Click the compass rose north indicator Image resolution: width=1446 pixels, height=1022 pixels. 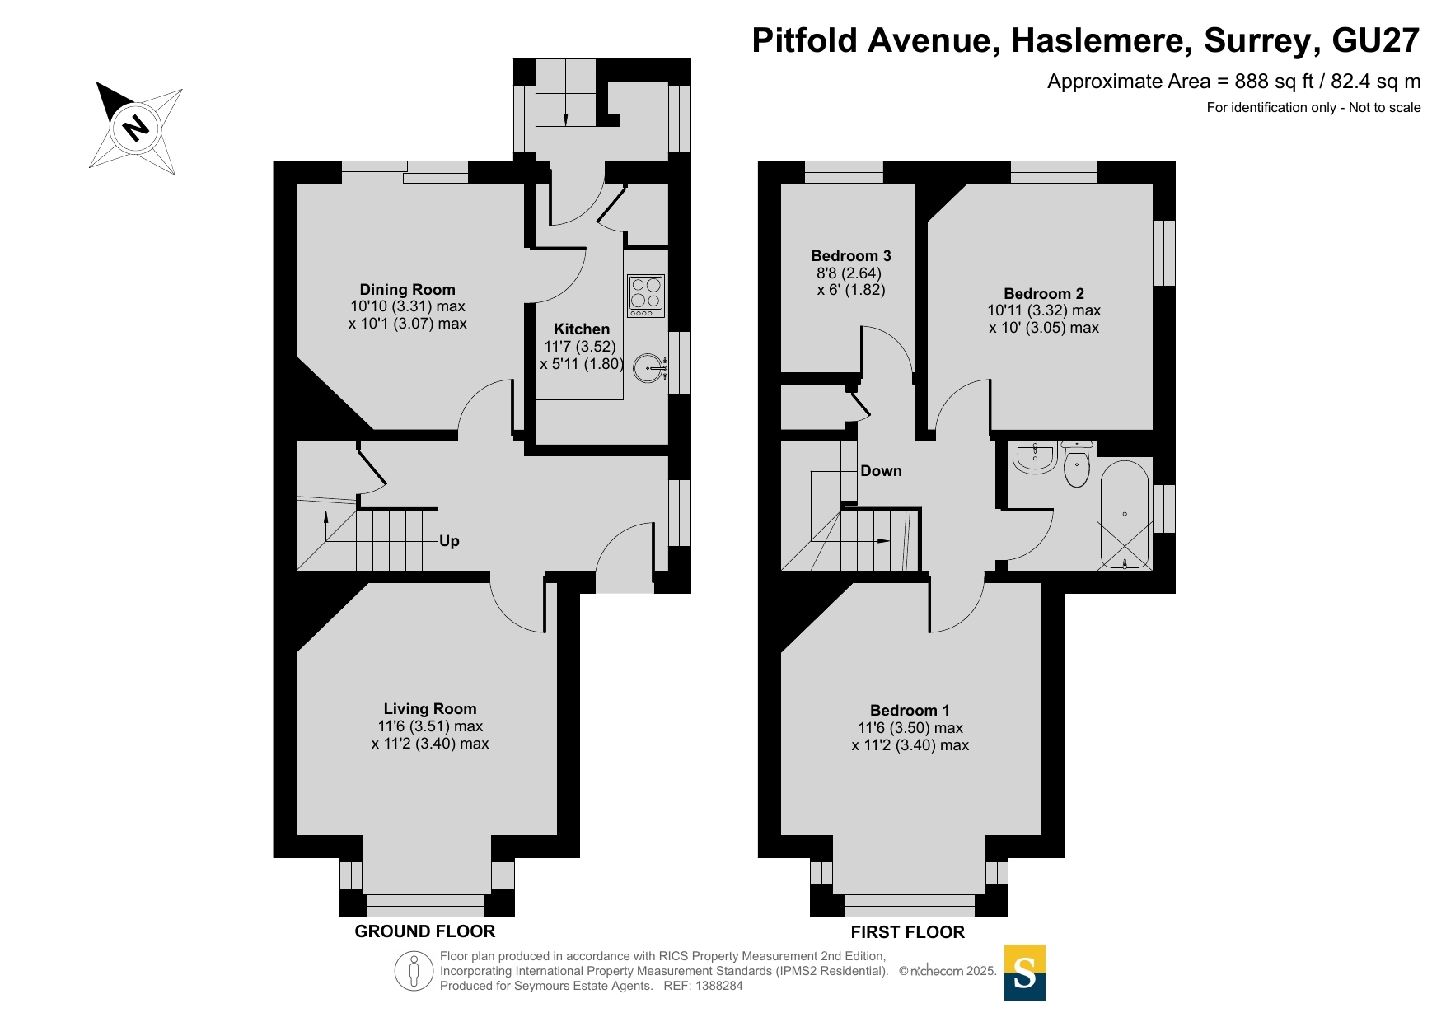point(135,128)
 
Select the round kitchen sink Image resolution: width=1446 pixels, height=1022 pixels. point(651,368)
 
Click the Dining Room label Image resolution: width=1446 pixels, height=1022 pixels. point(407,289)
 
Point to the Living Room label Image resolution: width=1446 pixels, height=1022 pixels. point(430,708)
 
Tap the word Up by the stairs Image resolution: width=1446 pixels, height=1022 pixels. point(449,541)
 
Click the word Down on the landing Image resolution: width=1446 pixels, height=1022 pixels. point(881,471)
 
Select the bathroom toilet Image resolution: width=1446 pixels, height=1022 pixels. point(1077,464)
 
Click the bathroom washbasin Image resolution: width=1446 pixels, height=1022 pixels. point(1035,458)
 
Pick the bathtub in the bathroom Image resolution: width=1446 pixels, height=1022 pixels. point(1124,515)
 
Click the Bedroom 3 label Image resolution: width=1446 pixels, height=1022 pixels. point(851,255)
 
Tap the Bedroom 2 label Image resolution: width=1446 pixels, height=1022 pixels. point(1044,293)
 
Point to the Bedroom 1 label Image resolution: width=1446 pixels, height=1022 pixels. point(910,710)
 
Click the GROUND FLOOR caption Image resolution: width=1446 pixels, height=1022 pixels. point(425,931)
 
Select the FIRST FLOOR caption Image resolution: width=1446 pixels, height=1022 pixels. point(907,932)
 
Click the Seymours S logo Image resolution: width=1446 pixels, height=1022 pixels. point(1025,973)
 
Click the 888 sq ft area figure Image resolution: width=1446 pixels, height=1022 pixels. point(1274,82)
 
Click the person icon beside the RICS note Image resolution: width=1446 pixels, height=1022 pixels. point(414,971)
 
